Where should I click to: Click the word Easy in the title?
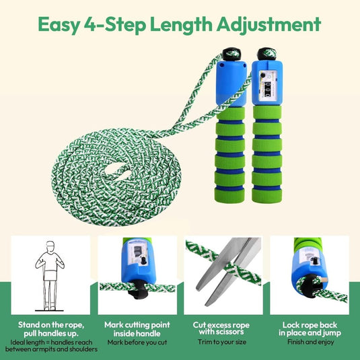59,25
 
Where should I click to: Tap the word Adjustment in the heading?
268,25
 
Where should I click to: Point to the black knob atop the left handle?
231,55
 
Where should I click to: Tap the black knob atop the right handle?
266,54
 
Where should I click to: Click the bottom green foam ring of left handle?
229,195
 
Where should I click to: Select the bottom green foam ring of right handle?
266,195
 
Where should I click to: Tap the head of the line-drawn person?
50,246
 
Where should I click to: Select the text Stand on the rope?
51,325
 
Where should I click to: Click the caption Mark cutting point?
137,325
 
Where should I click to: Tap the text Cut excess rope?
221,325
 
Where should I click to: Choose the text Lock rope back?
310,325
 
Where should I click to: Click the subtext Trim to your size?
222,342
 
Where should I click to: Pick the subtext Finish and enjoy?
310,342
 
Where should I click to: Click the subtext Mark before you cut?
137,343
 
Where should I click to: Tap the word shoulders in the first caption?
83,349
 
